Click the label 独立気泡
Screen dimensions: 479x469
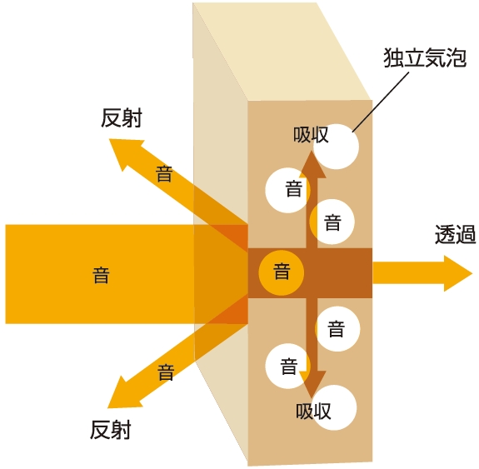click(425, 57)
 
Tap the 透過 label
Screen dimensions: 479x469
click(455, 234)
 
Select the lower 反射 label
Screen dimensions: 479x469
click(111, 430)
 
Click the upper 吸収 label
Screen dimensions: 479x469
click(311, 134)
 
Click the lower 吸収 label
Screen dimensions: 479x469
click(313, 412)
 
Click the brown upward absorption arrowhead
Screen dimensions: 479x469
click(312, 164)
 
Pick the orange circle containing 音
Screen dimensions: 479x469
click(282, 272)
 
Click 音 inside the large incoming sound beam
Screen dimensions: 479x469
click(101, 275)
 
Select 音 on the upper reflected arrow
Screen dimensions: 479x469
click(164, 174)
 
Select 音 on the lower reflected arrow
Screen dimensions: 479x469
click(166, 372)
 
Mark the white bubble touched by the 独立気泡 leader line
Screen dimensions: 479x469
click(336, 147)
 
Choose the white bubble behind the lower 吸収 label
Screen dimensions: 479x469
click(334, 407)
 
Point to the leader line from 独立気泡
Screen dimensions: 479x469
click(381, 102)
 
